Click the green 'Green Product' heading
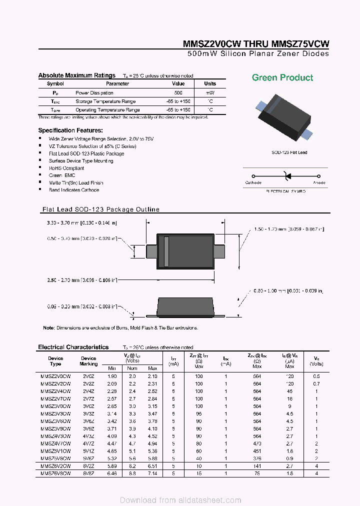282,77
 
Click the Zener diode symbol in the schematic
286,176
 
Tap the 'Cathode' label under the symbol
253,183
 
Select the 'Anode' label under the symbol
319,183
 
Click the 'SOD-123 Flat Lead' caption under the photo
289,152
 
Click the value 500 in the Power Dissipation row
178,93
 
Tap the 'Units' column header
210,84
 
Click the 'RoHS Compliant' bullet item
66,168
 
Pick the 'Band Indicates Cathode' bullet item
74,190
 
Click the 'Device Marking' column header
88,361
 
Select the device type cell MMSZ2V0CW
55,376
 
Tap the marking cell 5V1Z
88,450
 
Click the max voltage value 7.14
152,473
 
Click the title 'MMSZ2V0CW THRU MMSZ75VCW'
256,44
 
